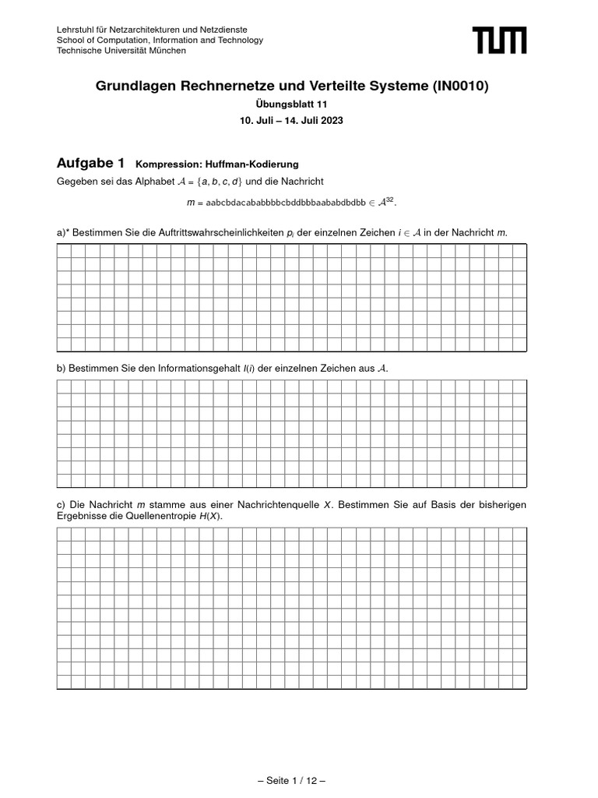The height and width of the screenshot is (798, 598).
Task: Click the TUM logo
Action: pyautogui.click(x=499, y=40)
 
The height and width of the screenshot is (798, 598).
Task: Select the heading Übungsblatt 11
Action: pyautogui.click(x=292, y=105)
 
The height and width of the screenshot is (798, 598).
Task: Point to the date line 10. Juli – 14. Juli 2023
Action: pyautogui.click(x=292, y=121)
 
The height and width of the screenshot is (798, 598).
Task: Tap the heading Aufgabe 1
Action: pyautogui.click(x=90, y=163)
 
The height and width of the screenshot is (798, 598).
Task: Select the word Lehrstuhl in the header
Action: pyautogui.click(x=76, y=30)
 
